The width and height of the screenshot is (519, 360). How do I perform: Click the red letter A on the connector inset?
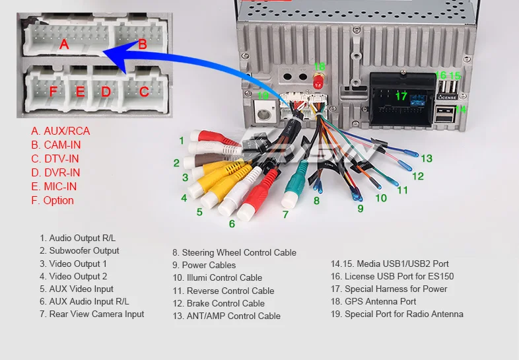(x=64, y=44)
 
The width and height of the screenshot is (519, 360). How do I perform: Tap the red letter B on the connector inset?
(x=143, y=44)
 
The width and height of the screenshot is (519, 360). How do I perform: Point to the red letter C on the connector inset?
(x=144, y=91)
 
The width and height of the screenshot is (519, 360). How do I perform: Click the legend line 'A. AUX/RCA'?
(x=60, y=131)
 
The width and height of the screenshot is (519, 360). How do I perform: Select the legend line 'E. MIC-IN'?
(x=53, y=186)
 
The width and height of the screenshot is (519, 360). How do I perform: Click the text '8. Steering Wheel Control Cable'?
(x=234, y=252)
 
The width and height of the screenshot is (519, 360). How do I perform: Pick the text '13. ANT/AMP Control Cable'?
(x=226, y=316)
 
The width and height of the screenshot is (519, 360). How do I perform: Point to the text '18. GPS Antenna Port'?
(x=373, y=301)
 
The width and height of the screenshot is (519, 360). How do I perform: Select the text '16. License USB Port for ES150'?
(x=392, y=276)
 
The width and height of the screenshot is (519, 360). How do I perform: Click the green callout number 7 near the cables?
(x=285, y=214)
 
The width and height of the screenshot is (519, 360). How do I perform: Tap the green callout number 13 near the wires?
(x=427, y=159)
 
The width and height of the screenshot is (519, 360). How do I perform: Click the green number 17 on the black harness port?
(x=401, y=96)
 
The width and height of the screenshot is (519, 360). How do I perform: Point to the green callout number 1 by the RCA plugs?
(x=181, y=140)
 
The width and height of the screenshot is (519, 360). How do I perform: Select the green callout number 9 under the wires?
(x=361, y=208)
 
